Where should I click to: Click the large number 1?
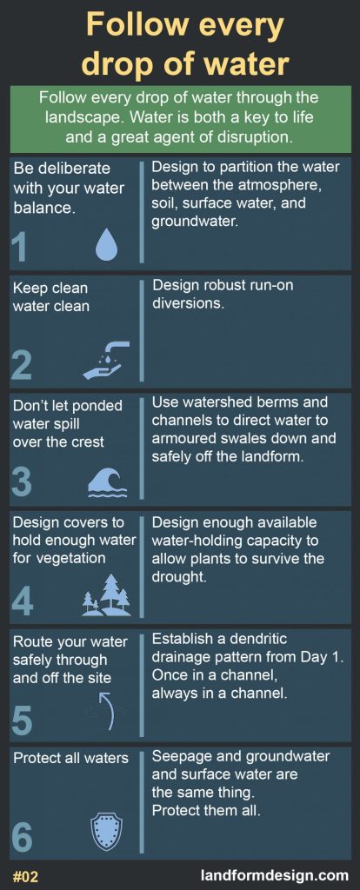19,247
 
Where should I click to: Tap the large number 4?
22,601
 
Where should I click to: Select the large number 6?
22,837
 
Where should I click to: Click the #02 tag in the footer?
25,876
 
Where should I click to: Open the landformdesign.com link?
275,875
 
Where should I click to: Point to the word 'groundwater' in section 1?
194,222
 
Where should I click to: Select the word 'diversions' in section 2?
188,303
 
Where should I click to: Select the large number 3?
22,482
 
